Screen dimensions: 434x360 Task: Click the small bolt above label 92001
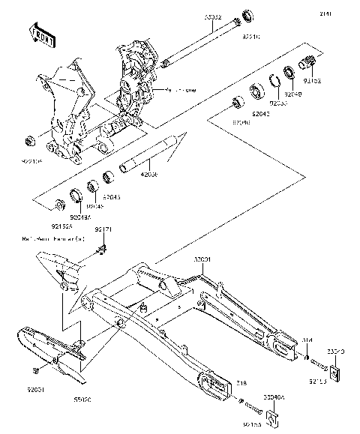[x=36, y=371]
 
